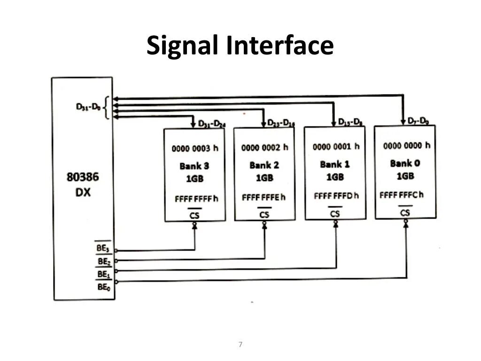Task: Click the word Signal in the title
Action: [183, 46]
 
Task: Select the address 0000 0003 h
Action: [194, 149]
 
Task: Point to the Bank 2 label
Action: [264, 165]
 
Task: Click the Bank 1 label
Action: [334, 164]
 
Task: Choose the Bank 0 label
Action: [404, 163]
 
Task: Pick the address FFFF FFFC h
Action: [401, 194]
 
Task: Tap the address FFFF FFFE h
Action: [263, 197]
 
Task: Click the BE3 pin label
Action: [103, 248]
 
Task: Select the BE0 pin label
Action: [103, 286]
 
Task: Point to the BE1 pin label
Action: [103, 274]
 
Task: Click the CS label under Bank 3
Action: [194, 215]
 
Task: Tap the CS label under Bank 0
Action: [405, 212]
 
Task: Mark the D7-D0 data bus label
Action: [418, 121]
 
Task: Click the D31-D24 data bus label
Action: [211, 124]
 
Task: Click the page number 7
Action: [240, 345]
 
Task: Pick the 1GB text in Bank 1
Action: [334, 177]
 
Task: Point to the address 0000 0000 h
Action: [406, 145]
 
